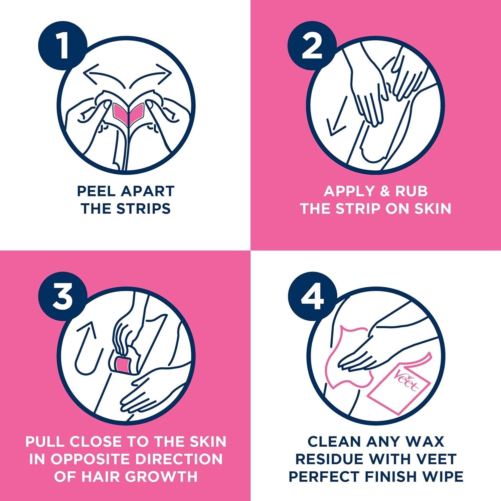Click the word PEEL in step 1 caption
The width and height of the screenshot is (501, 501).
pyautogui.click(x=97, y=191)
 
